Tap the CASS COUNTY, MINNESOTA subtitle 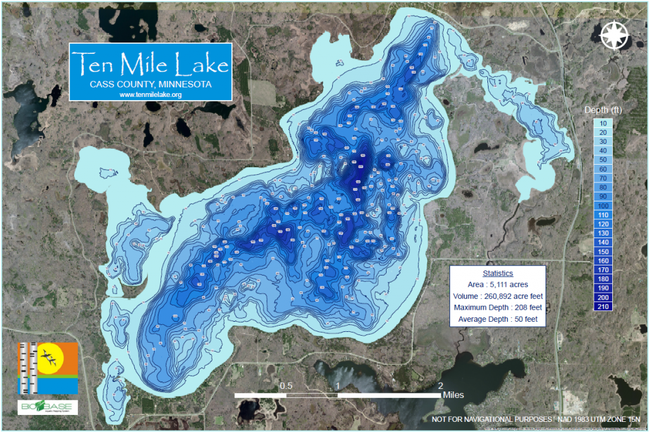[x=150, y=84]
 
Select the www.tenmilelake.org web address [x=150, y=94]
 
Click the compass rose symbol [x=613, y=35]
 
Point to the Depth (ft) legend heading [x=603, y=110]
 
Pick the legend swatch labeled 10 [x=603, y=124]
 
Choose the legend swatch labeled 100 [x=603, y=206]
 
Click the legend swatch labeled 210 [x=603, y=307]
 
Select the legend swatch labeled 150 [x=603, y=251]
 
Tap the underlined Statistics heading [x=498, y=274]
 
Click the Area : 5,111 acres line [x=498, y=285]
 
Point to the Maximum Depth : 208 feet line [x=498, y=308]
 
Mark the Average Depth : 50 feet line [x=498, y=319]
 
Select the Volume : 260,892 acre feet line [x=498, y=296]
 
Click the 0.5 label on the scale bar [x=286, y=386]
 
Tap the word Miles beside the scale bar [x=453, y=395]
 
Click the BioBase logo [x=48, y=407]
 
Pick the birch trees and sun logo [x=48, y=368]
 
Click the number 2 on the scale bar [x=440, y=386]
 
